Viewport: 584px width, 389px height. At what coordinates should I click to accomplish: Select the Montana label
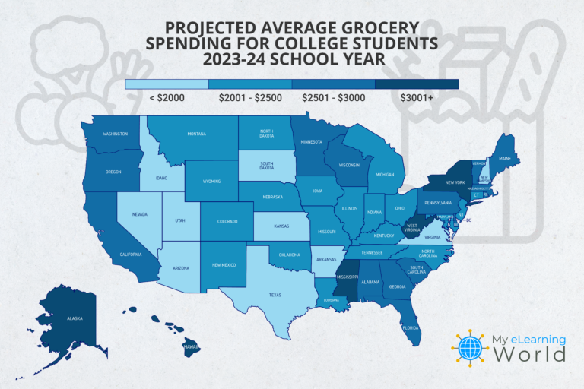[x=197, y=134]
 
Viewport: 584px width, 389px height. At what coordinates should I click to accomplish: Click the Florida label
[x=411, y=328]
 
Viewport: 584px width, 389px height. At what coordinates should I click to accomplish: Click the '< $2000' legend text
[x=167, y=98]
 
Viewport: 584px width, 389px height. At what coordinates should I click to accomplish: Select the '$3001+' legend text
[x=416, y=98]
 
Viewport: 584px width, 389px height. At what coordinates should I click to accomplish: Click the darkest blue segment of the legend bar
[x=417, y=84]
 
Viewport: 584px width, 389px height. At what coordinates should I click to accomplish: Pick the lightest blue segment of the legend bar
[x=167, y=84]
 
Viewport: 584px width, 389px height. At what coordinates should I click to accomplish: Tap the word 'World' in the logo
[x=532, y=354]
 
